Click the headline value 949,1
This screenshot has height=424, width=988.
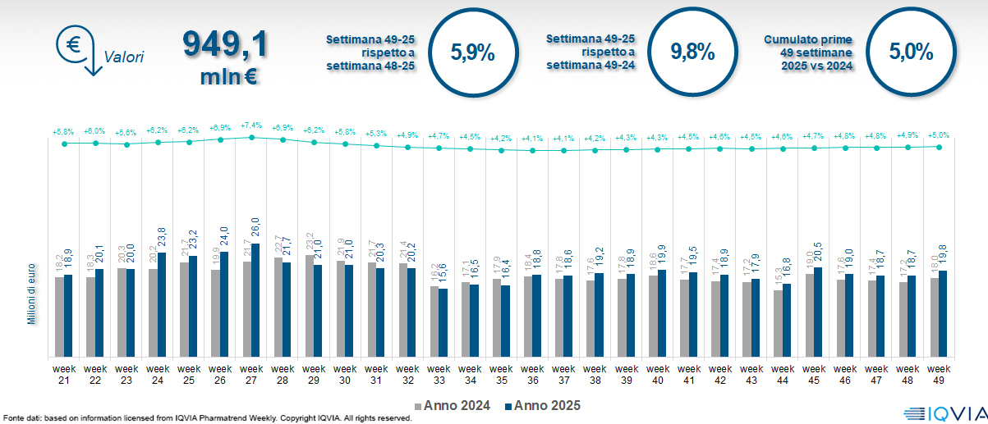click(224, 44)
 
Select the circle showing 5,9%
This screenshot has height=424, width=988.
click(472, 52)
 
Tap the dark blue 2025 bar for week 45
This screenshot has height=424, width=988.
click(818, 312)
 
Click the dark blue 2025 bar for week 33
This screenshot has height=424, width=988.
click(443, 323)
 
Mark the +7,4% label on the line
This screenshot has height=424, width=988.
click(251, 126)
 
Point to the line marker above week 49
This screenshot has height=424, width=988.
click(939, 147)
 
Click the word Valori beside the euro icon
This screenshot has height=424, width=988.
click(123, 57)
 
